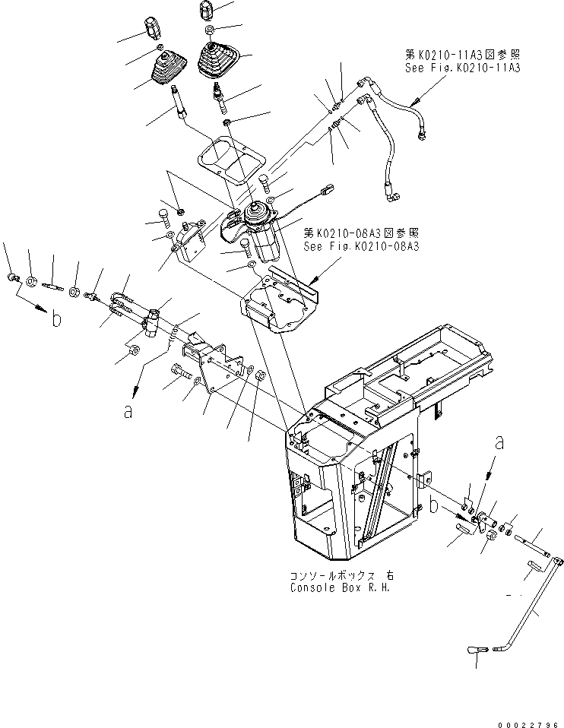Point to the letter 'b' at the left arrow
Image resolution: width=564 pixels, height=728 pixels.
(56, 320)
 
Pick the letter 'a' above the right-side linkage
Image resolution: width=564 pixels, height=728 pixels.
(499, 442)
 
